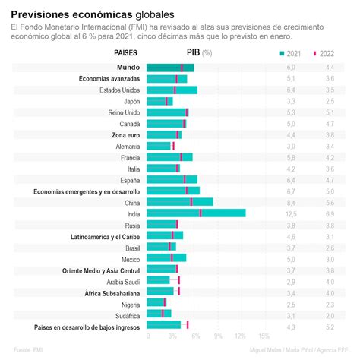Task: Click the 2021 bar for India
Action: pos(195,213)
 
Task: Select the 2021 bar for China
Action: pos(179,203)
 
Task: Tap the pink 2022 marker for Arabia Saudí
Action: pos(178,280)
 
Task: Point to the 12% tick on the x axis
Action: pos(241,336)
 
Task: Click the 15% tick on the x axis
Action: pos(264,336)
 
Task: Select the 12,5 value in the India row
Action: pos(290,214)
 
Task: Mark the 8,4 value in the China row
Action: pos(290,203)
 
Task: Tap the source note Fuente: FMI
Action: pos(27,351)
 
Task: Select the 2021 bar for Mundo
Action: pos(169,68)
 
